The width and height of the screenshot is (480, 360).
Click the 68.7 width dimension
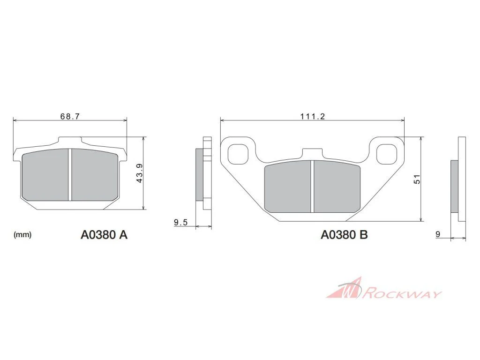coord(70,116)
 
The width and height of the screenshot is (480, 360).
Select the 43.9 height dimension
coord(139,173)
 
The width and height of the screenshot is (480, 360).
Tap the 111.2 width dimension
coord(313,116)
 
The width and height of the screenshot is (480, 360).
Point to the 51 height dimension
coord(417,179)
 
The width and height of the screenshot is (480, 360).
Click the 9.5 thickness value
coord(180,223)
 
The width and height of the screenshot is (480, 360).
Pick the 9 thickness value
coord(438,234)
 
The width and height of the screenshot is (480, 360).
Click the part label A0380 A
coord(104,235)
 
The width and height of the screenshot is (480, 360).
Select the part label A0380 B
coord(344,235)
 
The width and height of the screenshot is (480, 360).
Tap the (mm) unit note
coord(22,235)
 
